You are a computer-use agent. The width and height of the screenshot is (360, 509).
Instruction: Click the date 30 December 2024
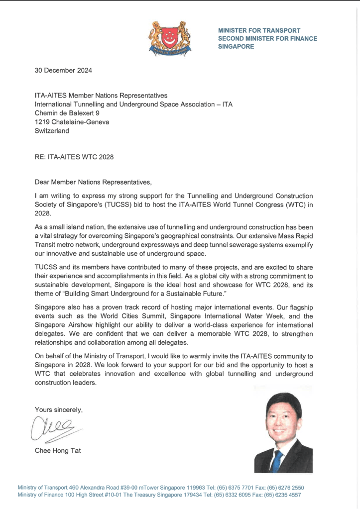63,70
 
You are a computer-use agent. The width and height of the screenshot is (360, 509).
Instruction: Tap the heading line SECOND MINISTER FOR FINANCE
267,39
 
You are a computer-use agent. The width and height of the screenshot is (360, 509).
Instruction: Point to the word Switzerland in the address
52,131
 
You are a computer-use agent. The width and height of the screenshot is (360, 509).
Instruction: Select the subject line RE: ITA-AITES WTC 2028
74,157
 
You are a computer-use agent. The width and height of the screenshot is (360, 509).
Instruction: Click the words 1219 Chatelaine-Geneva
72,122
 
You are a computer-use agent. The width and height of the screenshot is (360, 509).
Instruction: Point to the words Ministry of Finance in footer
39,495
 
